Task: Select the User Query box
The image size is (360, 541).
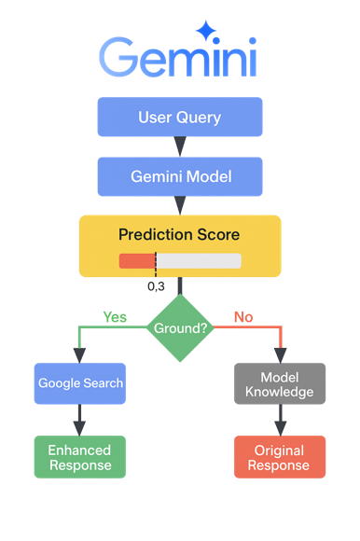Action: pos(179,118)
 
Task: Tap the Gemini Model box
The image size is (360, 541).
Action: pos(179,175)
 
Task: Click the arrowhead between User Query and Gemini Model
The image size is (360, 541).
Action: pos(180,146)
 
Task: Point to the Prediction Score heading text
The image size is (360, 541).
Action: pos(179,234)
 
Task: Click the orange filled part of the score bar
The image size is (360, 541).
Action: pos(136,261)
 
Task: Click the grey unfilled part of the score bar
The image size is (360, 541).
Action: pos(198,261)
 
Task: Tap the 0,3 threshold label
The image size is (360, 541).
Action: pos(156,285)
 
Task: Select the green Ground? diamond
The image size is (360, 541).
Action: pos(179,328)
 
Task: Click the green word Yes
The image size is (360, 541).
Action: pos(115,317)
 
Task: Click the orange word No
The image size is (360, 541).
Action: pos(243,317)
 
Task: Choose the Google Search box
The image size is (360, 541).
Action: pos(79,383)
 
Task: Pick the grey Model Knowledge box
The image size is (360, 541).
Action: pos(280,383)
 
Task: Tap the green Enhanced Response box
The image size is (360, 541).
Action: pos(79,457)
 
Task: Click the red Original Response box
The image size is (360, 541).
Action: pos(280,457)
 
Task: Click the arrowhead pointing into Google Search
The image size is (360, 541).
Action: pos(79,355)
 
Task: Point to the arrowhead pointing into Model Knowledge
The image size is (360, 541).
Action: pos(280,355)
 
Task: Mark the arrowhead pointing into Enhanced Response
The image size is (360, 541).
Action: pos(79,427)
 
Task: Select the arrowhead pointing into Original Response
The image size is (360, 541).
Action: pos(280,427)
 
